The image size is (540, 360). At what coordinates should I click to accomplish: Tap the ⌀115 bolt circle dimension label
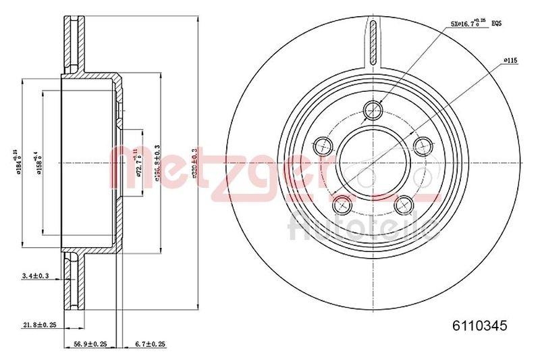pos(510,61)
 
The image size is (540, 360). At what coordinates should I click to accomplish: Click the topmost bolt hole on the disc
pos(373,109)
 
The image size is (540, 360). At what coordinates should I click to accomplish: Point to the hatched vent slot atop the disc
pos(373,41)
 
